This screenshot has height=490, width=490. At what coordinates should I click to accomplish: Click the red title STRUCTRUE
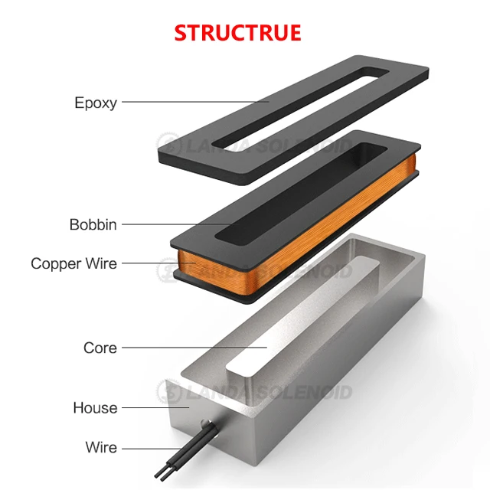(x=237, y=33)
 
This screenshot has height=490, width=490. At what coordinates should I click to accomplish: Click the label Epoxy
(x=96, y=102)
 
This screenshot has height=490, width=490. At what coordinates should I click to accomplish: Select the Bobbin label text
(x=93, y=224)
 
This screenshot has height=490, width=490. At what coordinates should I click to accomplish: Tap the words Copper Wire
(x=74, y=263)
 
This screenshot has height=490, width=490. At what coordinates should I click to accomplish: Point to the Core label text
(x=100, y=348)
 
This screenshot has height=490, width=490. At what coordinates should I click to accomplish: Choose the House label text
(x=95, y=407)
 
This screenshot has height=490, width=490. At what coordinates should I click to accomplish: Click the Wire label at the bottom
(x=101, y=447)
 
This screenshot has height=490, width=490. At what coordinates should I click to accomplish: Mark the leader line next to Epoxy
(x=191, y=101)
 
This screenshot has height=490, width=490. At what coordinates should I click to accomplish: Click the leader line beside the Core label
(x=191, y=348)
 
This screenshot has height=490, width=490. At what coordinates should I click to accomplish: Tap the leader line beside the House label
(x=145, y=407)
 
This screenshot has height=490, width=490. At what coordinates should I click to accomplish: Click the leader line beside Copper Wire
(x=153, y=263)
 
